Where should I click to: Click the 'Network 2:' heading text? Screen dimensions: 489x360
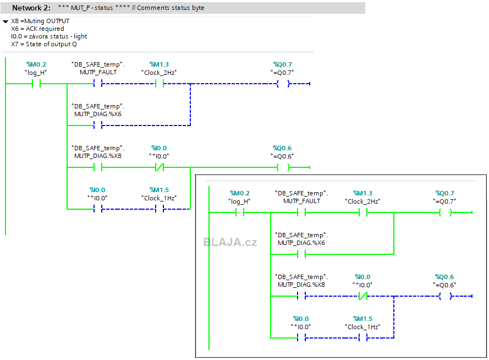click(31, 8)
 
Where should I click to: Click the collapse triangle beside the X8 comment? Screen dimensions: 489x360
click(6, 21)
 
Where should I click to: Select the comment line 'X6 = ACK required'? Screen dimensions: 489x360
click(37, 29)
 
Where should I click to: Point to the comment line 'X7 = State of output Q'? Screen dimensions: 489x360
click(43, 44)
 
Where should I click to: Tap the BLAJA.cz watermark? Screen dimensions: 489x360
click(230, 242)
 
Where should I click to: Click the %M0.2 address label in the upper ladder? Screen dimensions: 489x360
click(36, 64)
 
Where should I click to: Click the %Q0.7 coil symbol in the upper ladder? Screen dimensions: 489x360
click(283, 84)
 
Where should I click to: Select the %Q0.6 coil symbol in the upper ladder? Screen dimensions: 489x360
click(283, 167)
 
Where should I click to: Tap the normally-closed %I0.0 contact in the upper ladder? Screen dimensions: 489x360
click(160, 167)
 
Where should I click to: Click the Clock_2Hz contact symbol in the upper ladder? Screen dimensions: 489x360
click(160, 84)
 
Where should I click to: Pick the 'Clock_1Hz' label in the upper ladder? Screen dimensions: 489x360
click(159, 198)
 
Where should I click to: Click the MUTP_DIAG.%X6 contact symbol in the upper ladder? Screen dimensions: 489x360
click(97, 126)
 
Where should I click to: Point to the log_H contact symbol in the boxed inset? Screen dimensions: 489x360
click(239, 212)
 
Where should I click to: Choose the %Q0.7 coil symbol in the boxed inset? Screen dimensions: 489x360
click(445, 212)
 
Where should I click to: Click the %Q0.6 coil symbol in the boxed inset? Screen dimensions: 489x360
click(445, 296)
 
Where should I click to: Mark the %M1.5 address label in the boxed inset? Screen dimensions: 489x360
click(362, 319)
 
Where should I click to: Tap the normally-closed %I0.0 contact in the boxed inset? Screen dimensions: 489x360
click(362, 296)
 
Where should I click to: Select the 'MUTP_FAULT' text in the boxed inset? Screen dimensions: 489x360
click(301, 201)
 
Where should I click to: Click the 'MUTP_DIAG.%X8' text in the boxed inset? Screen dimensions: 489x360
click(301, 285)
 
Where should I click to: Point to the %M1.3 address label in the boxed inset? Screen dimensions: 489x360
click(362, 193)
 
